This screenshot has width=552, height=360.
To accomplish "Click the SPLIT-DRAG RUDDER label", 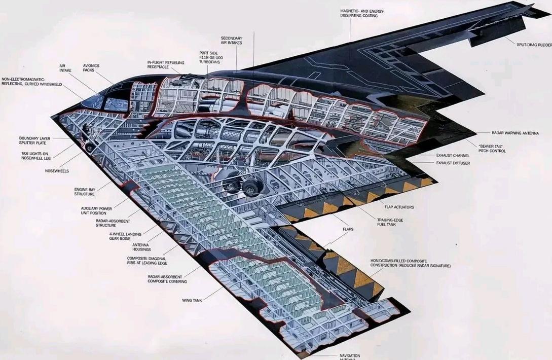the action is click(x=534, y=45).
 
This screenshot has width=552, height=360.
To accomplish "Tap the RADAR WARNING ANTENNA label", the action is click(x=515, y=133).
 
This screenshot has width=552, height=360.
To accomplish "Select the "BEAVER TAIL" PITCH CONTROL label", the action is click(x=492, y=149).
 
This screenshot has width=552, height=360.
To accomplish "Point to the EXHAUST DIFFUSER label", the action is click(x=453, y=163).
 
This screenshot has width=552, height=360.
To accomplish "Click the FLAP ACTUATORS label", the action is click(x=399, y=207).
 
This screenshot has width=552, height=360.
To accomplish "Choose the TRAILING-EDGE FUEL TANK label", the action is click(x=390, y=222).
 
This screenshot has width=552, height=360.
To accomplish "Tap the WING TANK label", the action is click(x=192, y=301).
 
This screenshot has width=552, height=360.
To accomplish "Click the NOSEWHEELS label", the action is click(x=57, y=171).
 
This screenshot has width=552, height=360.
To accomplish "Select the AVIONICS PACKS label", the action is click(x=91, y=68).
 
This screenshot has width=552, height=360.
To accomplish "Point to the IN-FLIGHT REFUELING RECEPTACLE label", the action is click(x=165, y=65).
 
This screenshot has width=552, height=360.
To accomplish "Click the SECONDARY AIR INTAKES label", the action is click(x=232, y=41).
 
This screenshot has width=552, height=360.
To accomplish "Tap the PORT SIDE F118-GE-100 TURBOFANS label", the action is click(x=209, y=57).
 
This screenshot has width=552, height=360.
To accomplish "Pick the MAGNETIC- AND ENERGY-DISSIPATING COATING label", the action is click(x=362, y=13).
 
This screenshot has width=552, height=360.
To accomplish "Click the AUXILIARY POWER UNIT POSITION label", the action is click(x=96, y=210).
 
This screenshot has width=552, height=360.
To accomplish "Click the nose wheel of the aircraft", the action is click(x=90, y=147).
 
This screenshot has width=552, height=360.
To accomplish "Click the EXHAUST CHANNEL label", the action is click(x=453, y=155).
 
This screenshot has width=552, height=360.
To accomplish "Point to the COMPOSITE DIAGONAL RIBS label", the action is click(x=147, y=261).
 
